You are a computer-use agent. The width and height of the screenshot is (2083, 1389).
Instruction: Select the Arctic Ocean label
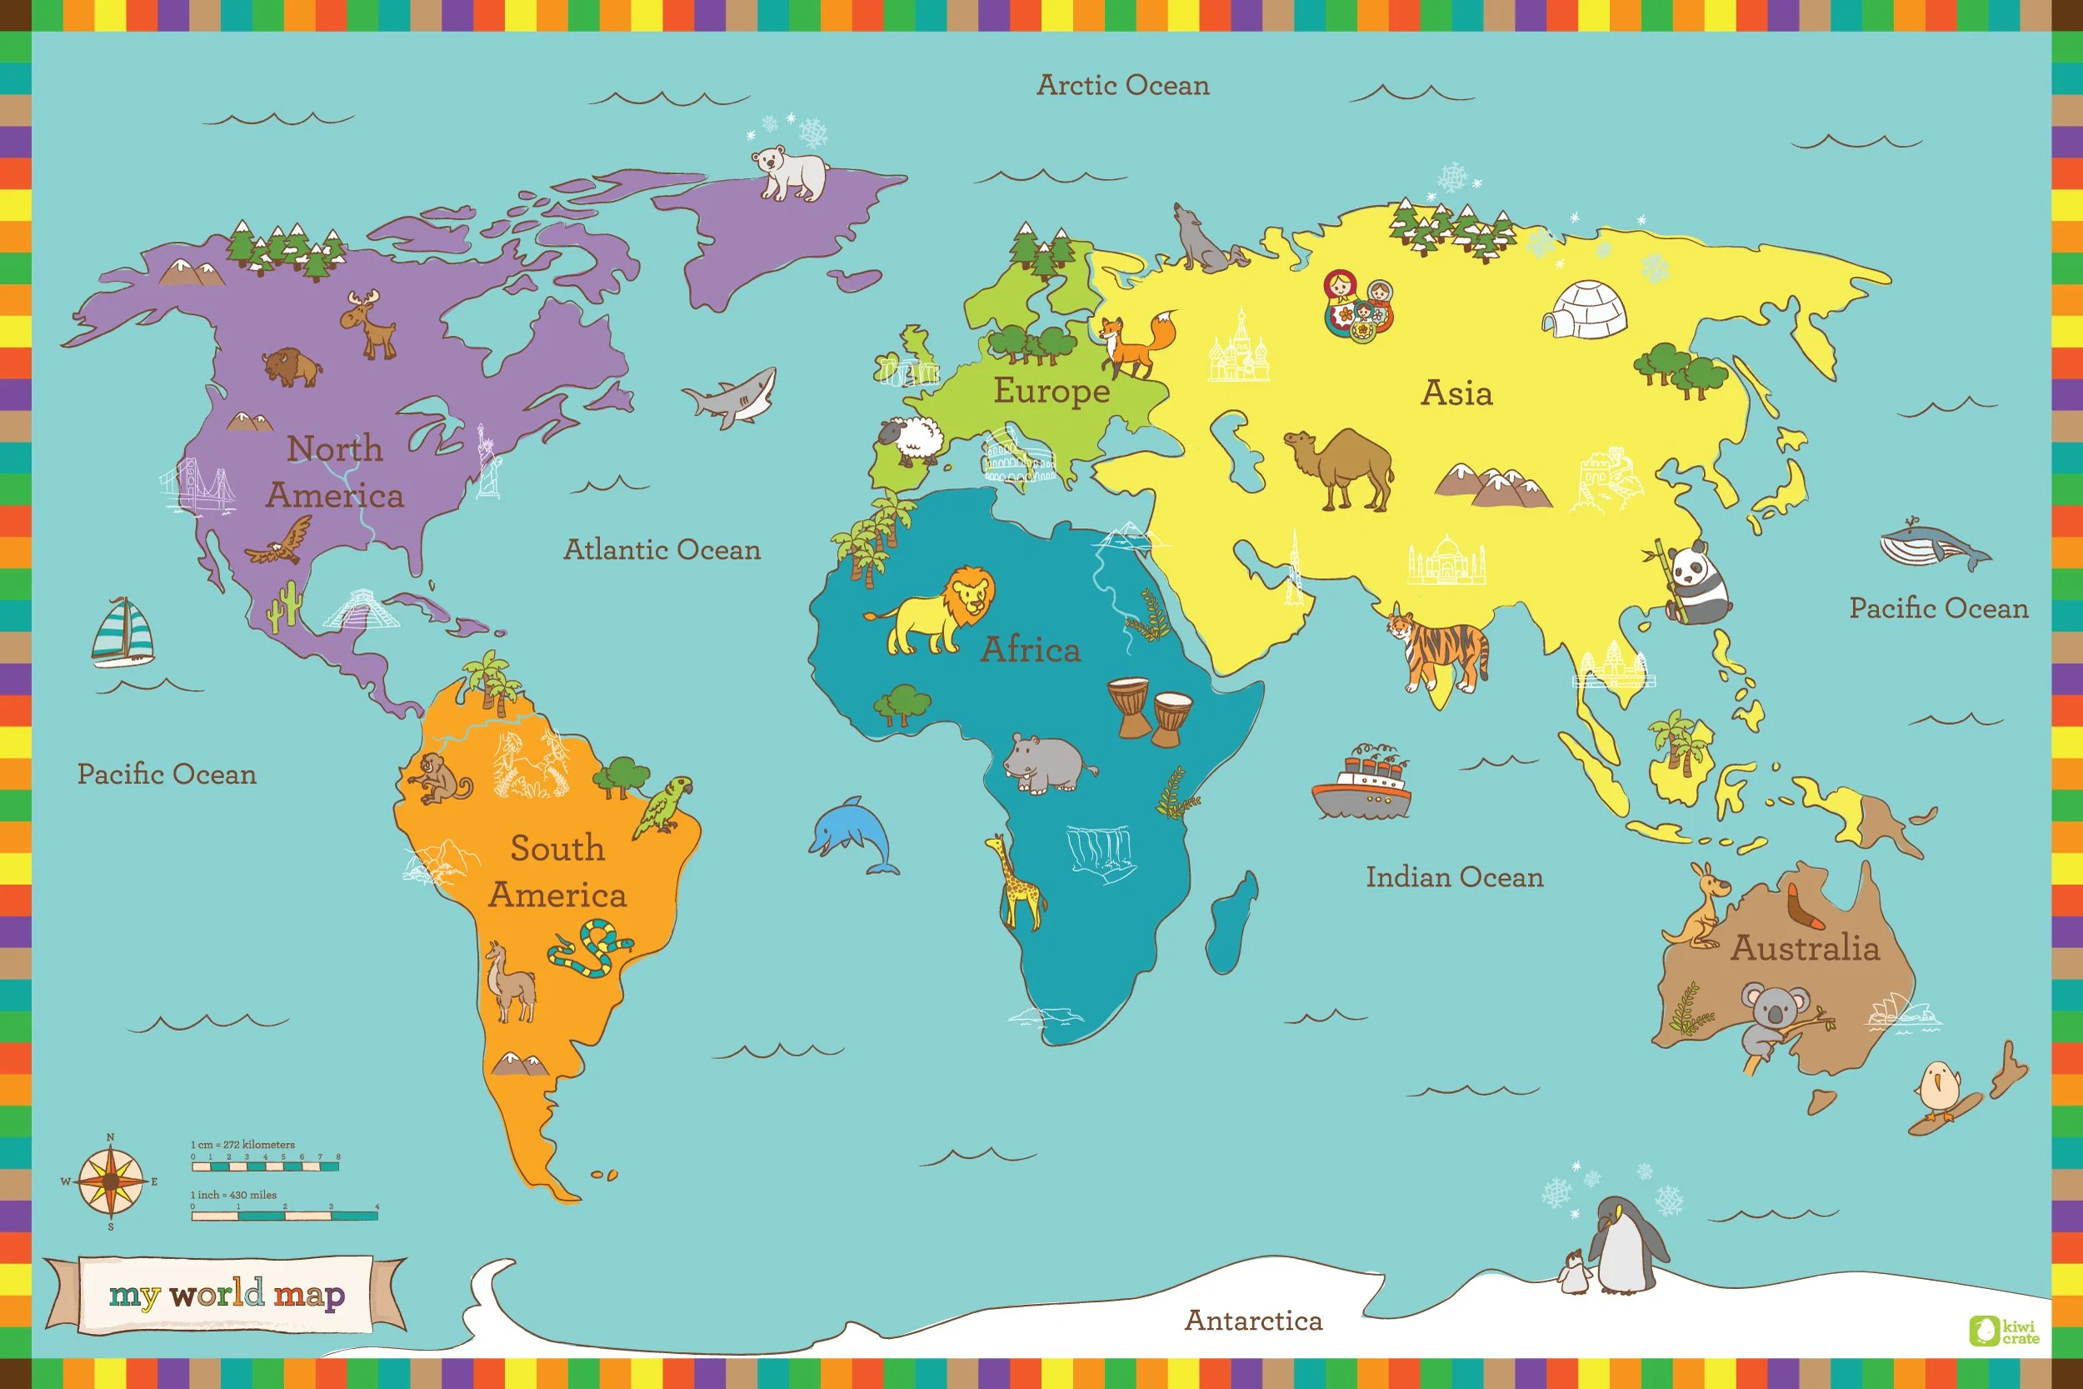1122,85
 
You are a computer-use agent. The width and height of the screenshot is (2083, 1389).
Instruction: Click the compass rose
110,1182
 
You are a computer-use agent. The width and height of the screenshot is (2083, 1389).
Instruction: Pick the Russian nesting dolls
1357,306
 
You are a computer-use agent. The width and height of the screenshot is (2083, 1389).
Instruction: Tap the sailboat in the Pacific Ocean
123,632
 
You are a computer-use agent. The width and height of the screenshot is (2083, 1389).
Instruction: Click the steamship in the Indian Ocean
1362,784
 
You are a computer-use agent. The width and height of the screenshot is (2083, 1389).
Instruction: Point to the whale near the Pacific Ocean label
1934,545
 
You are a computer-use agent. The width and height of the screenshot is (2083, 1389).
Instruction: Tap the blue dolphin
850,832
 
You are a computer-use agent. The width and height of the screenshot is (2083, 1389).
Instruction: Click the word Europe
1051,391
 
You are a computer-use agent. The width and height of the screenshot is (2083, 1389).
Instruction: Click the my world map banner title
226,1294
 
